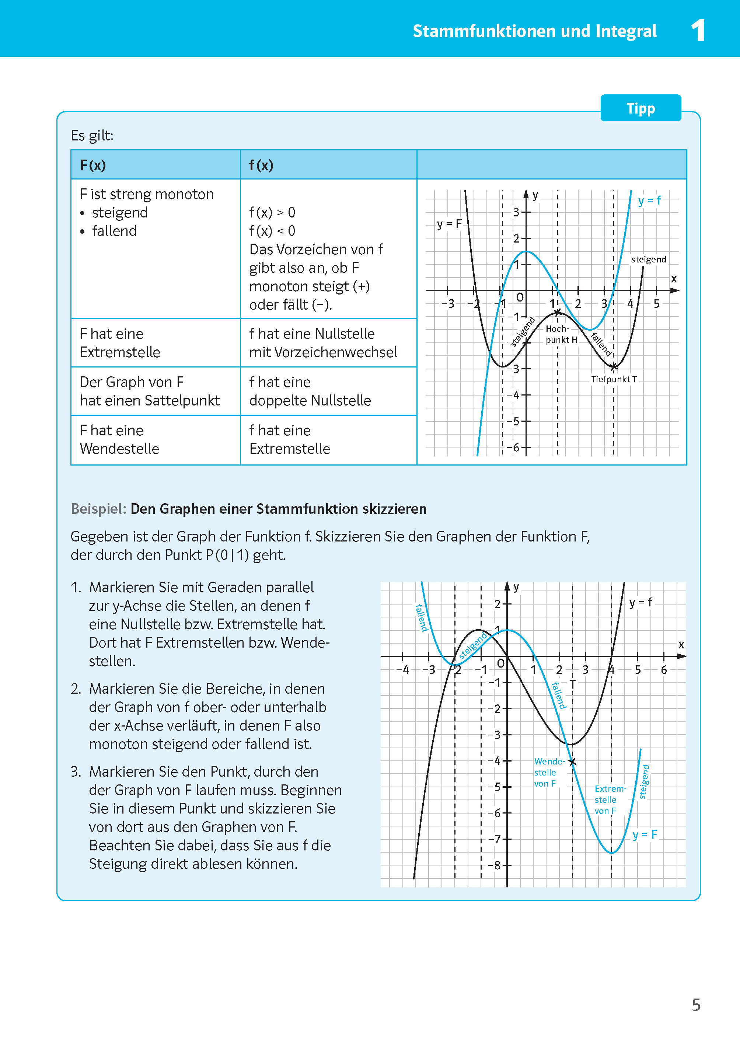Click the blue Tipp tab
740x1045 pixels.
pos(640,108)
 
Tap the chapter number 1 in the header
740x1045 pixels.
pos(698,31)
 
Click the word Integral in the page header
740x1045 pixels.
pos(626,31)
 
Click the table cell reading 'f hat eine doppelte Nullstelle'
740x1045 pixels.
pos(328,391)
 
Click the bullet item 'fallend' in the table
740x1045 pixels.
pos(114,231)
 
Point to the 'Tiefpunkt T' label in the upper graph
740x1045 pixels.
pos(613,379)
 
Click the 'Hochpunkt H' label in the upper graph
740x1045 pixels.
pos(561,334)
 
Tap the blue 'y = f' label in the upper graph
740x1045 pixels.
pos(649,201)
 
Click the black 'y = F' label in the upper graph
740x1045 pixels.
pos(449,224)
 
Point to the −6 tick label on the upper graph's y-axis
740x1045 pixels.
pos(513,447)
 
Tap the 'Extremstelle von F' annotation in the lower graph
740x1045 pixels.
pos(609,800)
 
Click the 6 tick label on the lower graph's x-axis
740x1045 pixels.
pos(664,670)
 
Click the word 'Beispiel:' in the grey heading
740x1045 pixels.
pos(98,509)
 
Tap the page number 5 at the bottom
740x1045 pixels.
pos(696,1005)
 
